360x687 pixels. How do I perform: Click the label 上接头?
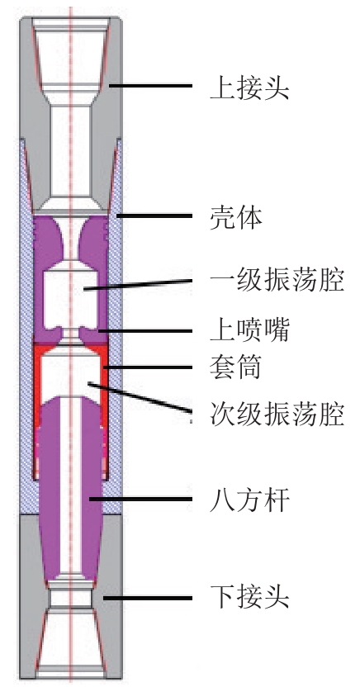[x=249, y=87]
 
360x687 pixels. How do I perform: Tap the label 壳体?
[x=236, y=216]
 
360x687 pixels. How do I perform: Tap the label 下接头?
[x=249, y=597]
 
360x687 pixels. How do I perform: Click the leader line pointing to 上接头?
[x=151, y=86]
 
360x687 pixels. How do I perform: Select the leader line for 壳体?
[x=154, y=216]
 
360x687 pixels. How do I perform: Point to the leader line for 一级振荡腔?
[x=139, y=284]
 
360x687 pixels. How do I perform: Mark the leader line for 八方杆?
[x=140, y=499]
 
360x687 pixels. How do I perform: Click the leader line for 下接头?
[x=148, y=598]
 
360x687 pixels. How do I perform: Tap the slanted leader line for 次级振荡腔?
[x=140, y=398]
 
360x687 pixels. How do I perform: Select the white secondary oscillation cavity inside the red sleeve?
[x=70, y=372]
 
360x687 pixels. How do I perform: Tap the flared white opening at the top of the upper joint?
[x=70, y=53]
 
